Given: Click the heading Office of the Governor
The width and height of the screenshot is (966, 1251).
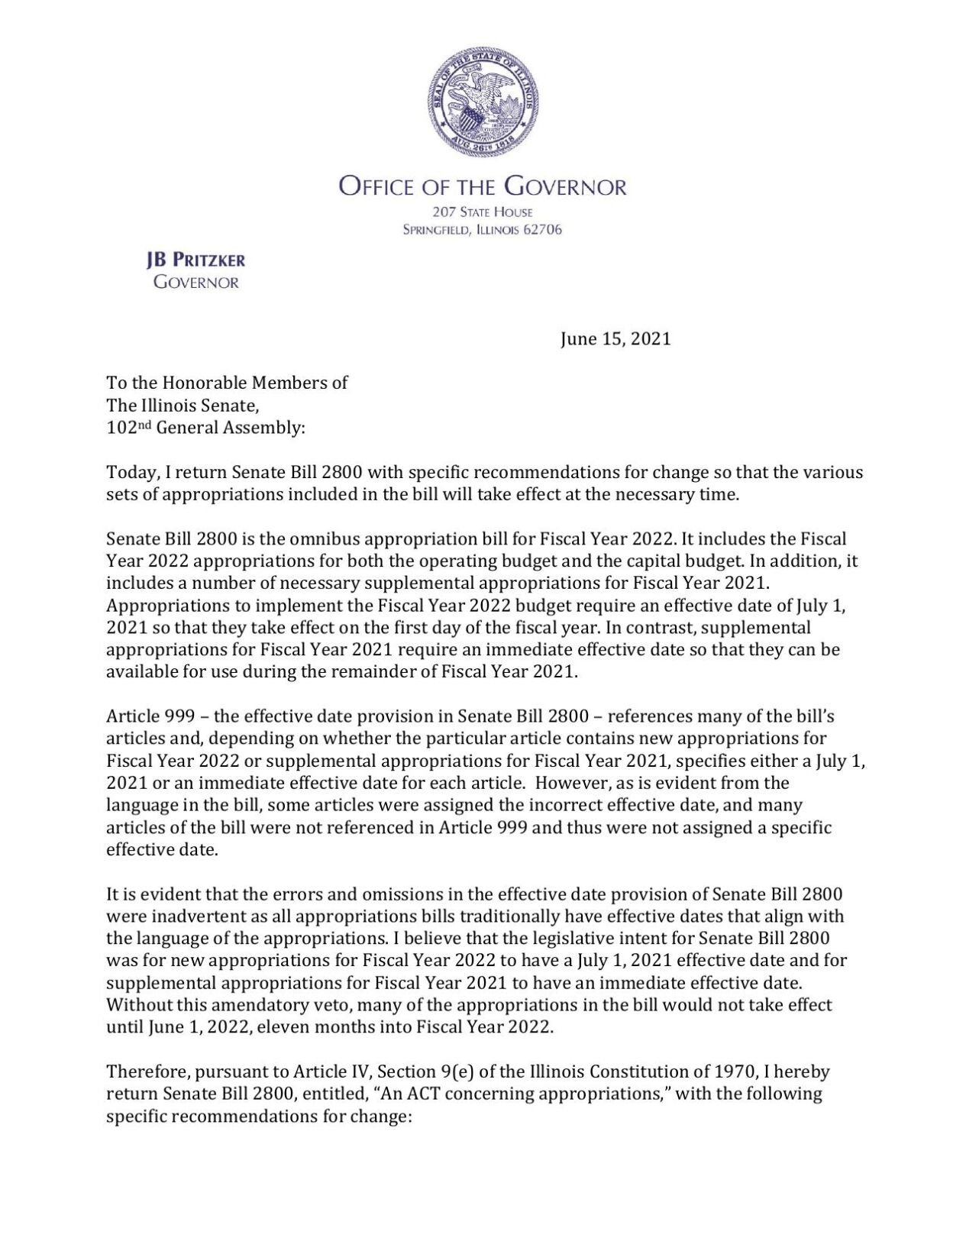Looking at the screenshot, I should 483,187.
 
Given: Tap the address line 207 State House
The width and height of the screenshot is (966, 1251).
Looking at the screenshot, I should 483,212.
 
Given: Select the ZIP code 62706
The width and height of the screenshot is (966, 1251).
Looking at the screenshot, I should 542,230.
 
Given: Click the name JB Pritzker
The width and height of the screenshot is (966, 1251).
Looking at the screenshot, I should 195,260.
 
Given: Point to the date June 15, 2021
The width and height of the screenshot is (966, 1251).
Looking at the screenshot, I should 615,339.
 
